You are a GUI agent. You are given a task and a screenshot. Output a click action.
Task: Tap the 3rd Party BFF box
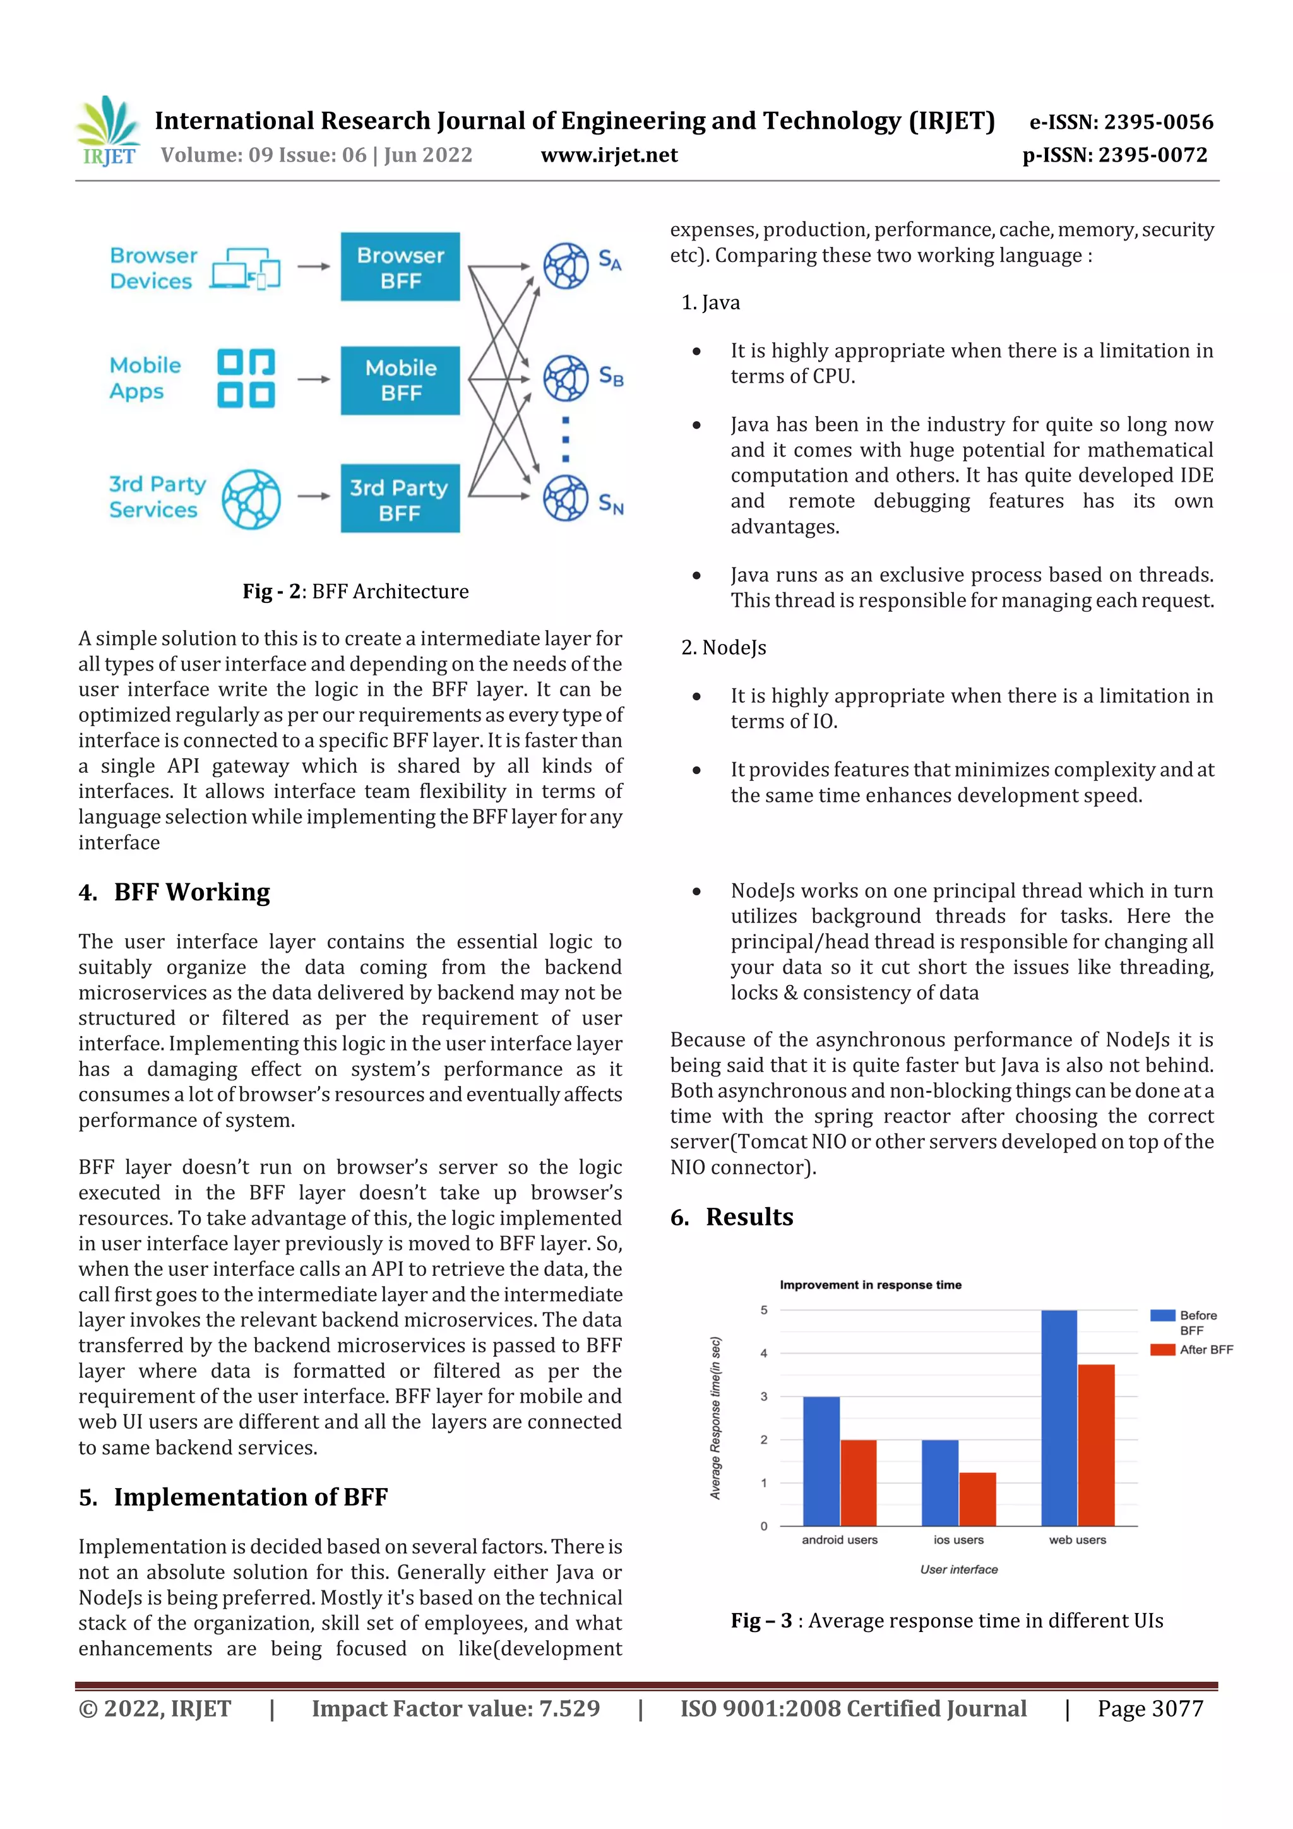400,499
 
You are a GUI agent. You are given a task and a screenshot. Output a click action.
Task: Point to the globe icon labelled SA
566,266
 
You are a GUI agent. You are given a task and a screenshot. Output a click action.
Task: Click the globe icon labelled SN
566,499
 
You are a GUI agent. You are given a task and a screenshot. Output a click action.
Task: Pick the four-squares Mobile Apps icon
246,378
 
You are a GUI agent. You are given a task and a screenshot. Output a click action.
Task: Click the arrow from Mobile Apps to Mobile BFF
314,380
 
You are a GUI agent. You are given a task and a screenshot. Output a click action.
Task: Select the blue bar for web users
1059,1418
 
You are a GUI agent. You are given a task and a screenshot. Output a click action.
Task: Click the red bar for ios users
977,1499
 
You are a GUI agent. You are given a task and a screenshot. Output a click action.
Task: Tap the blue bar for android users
821,1461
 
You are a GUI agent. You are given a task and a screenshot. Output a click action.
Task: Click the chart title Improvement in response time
870,1285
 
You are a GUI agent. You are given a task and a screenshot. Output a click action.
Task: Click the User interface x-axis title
958,1570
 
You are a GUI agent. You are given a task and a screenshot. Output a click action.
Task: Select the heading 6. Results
731,1217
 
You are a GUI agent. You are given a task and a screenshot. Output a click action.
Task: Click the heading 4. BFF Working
174,892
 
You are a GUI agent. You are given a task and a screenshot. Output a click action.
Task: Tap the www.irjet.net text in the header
609,155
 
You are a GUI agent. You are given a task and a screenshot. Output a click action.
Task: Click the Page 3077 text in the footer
1150,1708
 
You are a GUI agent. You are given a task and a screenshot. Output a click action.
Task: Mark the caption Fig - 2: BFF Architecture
355,591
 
